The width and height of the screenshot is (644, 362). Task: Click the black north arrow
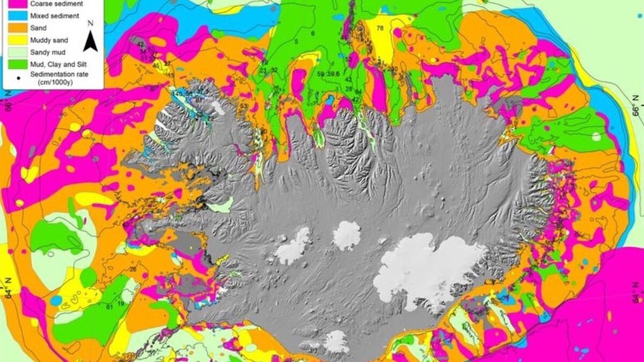pyautogui.click(x=90, y=41)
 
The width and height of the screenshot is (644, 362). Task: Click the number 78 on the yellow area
pyautogui.click(x=380, y=28)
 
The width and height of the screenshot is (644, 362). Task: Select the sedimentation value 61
pyautogui.click(x=109, y=307)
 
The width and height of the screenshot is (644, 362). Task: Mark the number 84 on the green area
pyautogui.click(x=358, y=92)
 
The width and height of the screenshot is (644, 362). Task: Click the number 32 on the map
pyautogui.click(x=274, y=70)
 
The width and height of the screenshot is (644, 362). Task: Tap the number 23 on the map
pyautogui.click(x=262, y=70)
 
